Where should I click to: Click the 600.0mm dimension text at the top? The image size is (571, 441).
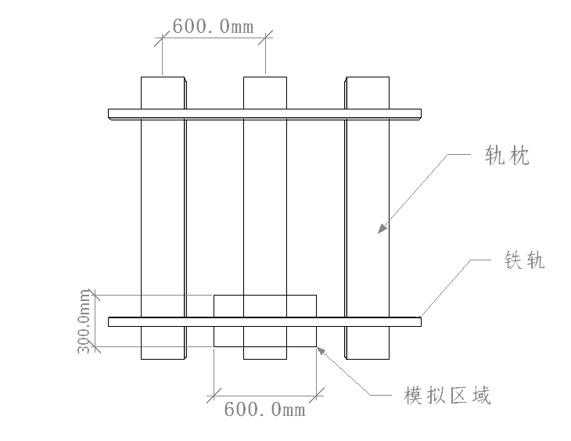coord(213,26)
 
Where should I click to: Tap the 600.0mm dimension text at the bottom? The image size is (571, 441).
coord(264,409)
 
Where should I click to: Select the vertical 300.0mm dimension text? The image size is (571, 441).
coord(84,321)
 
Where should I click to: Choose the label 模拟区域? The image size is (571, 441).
coord(447,396)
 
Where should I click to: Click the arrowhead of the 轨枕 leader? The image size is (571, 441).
coord(381,229)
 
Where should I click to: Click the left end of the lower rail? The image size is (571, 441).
coord(111,321)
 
